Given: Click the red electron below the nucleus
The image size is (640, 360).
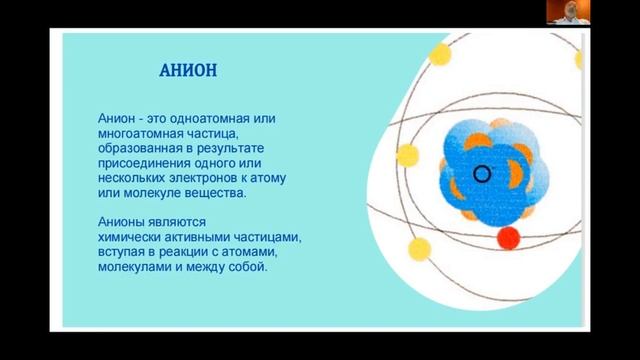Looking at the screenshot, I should (509, 237).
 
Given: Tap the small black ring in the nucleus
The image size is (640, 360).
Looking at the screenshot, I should (482, 175).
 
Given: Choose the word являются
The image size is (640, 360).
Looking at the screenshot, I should (181, 222).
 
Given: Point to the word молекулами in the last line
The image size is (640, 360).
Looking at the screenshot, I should (136, 267).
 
